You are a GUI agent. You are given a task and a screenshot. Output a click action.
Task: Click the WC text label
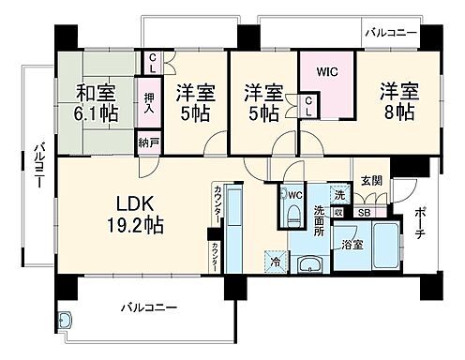(x=294, y=195)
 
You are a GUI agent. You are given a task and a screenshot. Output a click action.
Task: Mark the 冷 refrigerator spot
(x=275, y=263)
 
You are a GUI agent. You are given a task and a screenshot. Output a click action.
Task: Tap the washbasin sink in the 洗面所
(x=310, y=263)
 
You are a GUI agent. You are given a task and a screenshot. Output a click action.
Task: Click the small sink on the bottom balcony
(x=66, y=320)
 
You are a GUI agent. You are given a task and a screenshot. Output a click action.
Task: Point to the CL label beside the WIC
(x=308, y=106)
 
